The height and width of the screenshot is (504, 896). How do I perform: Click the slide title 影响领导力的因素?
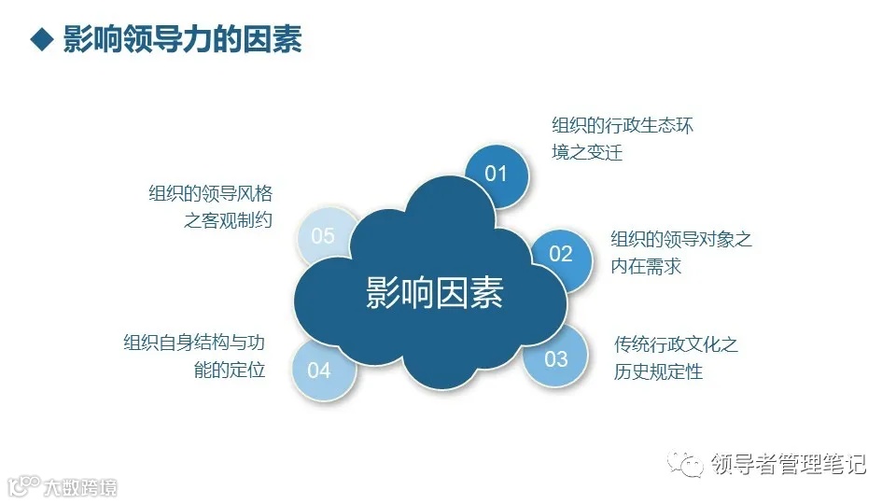pos(182,40)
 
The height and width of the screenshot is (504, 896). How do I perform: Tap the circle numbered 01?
pos(496,174)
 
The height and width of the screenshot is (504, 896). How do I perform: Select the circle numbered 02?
pos(561,254)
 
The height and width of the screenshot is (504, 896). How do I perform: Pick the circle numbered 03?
pos(556,358)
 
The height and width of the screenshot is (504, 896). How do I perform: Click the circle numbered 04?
pos(319,371)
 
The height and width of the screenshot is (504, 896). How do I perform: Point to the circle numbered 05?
pos(323,236)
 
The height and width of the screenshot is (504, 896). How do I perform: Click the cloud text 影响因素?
pos(434,292)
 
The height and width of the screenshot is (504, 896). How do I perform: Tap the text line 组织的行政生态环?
pos(623,125)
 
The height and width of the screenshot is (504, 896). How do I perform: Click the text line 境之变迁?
pos(587,152)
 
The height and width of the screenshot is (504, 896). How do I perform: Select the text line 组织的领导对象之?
pos(681,239)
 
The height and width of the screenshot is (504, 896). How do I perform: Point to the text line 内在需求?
pos(646,266)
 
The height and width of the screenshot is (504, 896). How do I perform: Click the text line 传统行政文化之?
pos(677,344)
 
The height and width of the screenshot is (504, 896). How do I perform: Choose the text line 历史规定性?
pos(659,371)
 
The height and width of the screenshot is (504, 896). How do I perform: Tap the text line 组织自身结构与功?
pos(195,343)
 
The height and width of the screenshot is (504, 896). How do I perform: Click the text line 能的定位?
pos(231,370)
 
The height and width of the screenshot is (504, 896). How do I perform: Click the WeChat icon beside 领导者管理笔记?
pos(690,464)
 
